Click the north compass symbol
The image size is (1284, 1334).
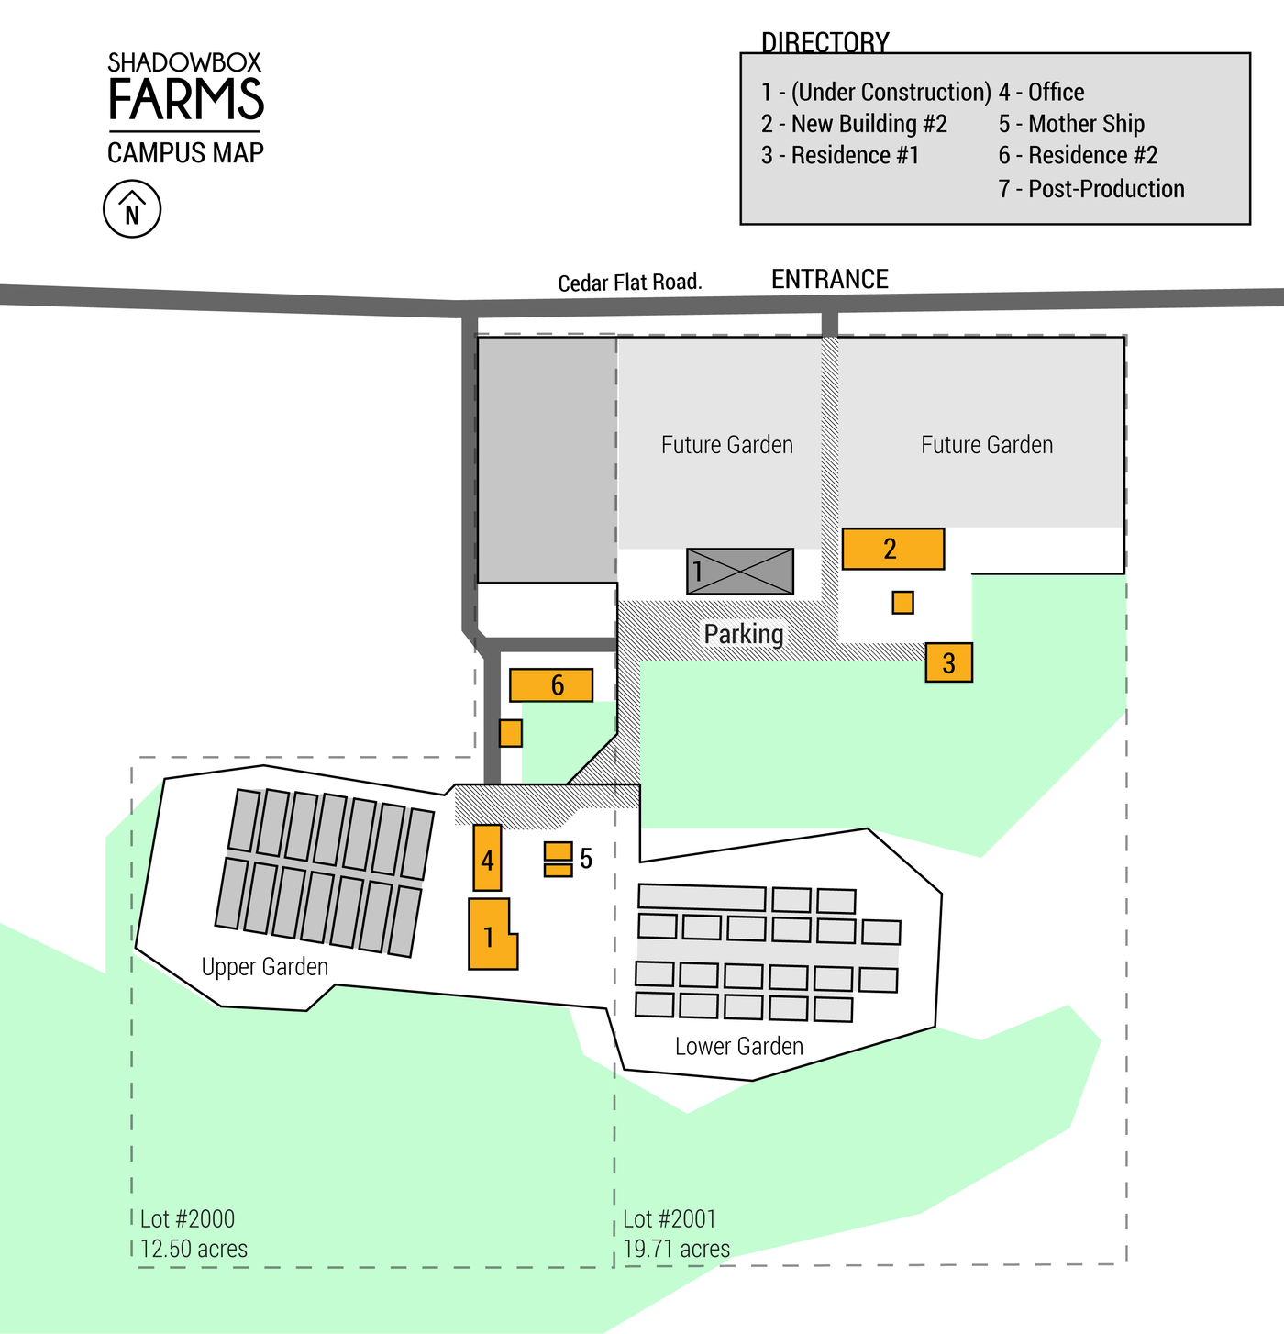[x=132, y=209]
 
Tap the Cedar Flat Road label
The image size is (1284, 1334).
[x=630, y=282]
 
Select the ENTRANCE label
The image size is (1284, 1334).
[x=829, y=279]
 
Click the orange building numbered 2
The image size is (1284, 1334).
[x=892, y=549]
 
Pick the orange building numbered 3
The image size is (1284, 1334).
[x=948, y=661]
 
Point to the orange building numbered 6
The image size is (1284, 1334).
[x=551, y=684]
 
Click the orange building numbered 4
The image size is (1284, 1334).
[x=487, y=858]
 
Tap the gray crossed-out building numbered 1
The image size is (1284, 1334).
[x=740, y=571]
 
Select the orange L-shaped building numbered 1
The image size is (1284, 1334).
[x=490, y=935]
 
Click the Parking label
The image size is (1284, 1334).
[x=744, y=633]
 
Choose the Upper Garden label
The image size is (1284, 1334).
[x=264, y=966]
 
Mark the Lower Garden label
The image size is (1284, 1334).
[x=738, y=1046]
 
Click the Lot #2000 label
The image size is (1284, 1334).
[x=187, y=1218]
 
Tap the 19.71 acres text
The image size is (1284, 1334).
[x=676, y=1249]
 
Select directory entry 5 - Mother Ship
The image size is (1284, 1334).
[x=1071, y=124]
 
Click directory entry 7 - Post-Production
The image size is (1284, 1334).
[x=1091, y=189]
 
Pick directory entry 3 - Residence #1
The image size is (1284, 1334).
[x=840, y=155]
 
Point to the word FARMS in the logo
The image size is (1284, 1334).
[x=186, y=99]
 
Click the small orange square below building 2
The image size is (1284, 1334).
[x=902, y=602]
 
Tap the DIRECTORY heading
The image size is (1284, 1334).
[x=825, y=42]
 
